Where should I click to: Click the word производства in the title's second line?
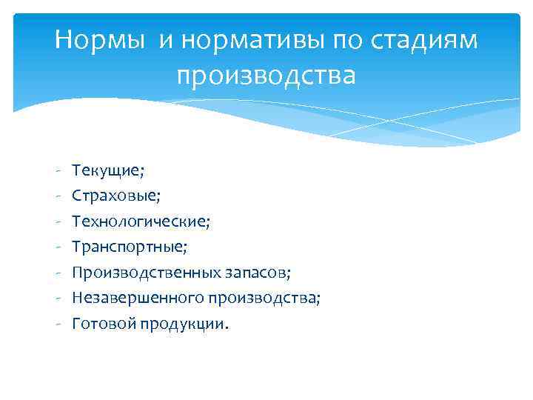pyautogui.click(x=266, y=76)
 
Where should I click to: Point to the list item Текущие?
pyautogui.click(x=108, y=170)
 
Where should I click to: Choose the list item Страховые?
pyautogui.click(x=116, y=196)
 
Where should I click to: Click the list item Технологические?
pyautogui.click(x=141, y=221)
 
